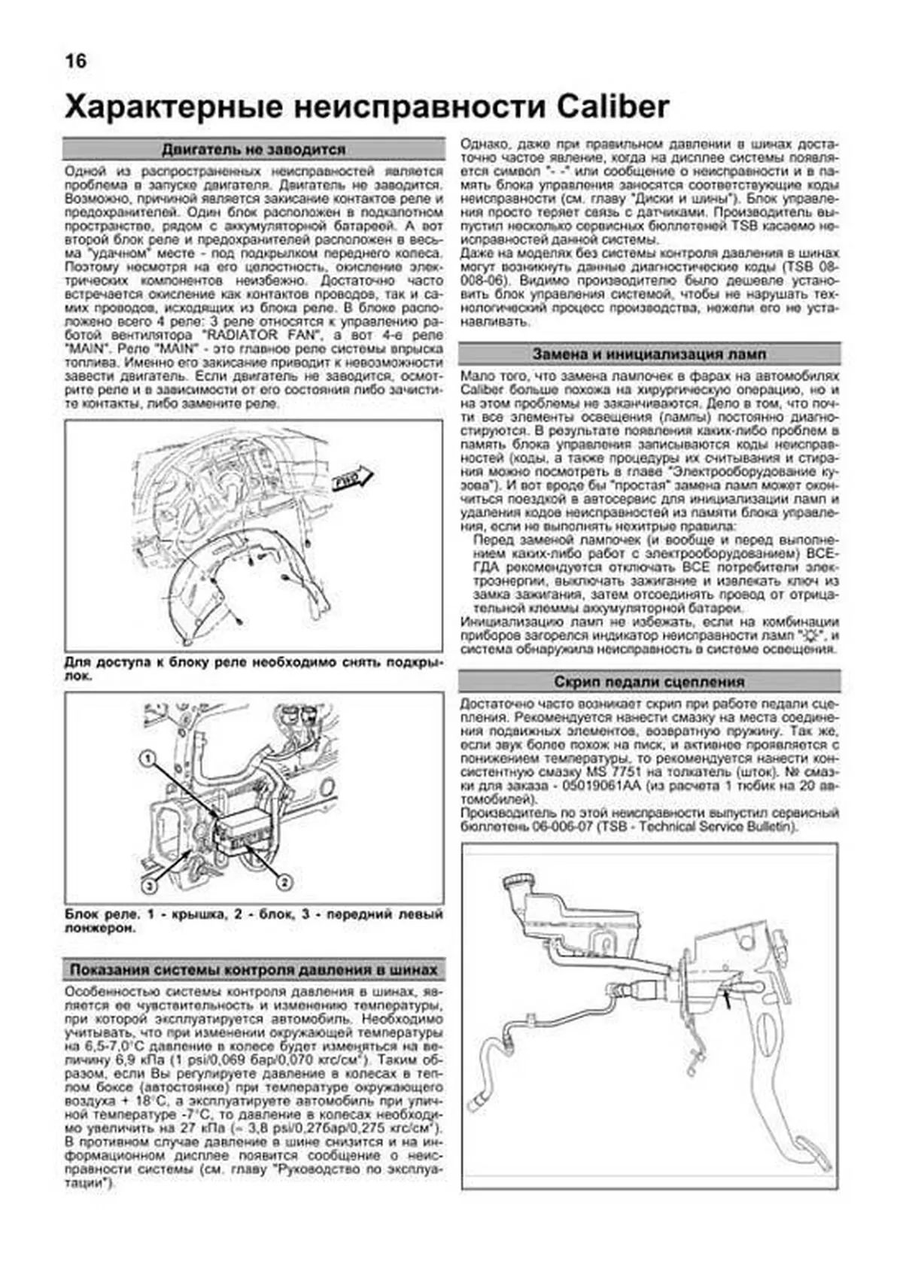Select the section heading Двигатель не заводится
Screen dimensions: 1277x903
click(254, 149)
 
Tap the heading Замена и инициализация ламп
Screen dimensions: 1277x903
click(649, 354)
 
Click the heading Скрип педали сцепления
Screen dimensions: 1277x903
click(649, 682)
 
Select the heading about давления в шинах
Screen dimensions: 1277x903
click(254, 970)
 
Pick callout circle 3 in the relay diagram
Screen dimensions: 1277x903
click(150, 886)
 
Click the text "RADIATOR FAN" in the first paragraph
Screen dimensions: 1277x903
click(263, 335)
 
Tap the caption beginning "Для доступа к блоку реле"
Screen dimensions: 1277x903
click(254, 669)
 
